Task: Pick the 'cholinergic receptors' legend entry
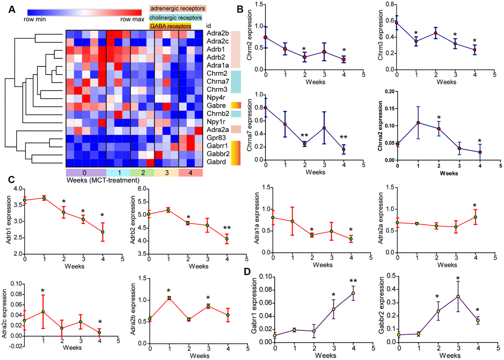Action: pyautogui.click(x=178, y=17)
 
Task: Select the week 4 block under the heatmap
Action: pyautogui.click(x=190, y=172)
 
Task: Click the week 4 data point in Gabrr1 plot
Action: pyautogui.click(x=353, y=293)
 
